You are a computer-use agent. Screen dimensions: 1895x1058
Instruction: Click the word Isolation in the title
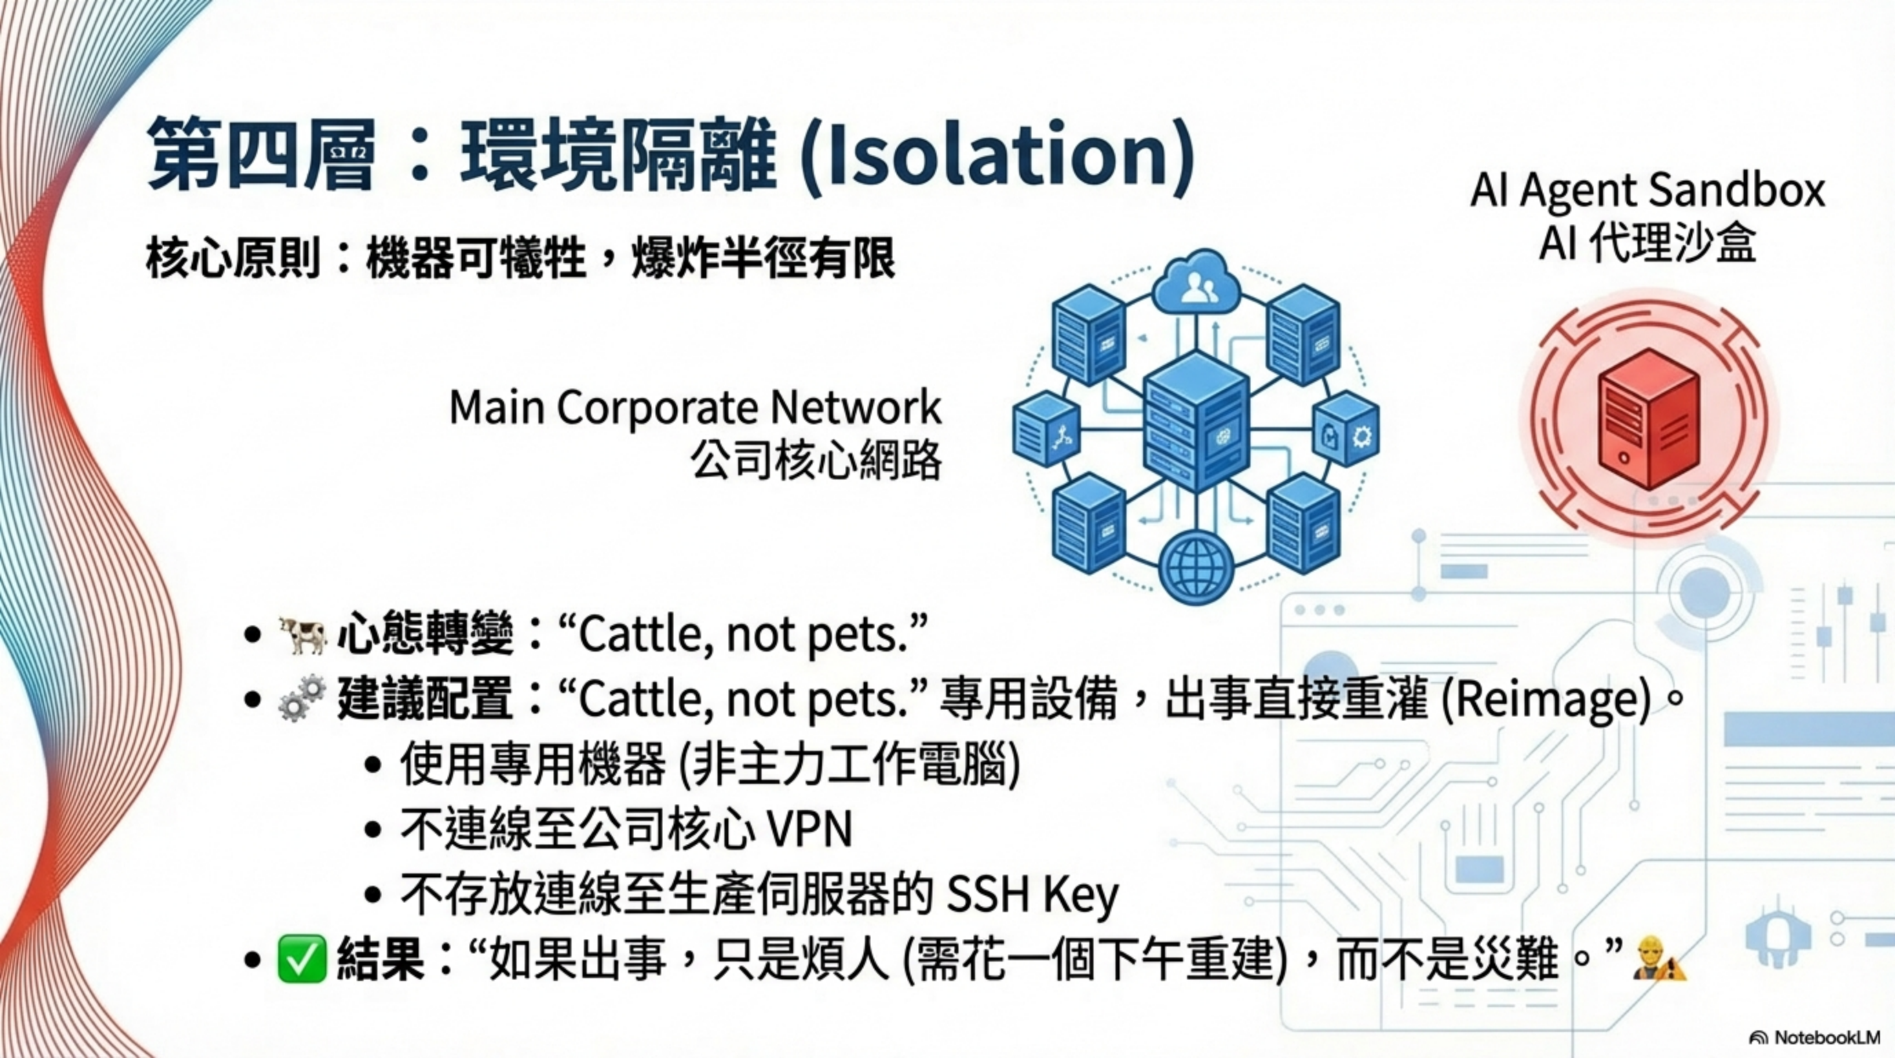pos(994,154)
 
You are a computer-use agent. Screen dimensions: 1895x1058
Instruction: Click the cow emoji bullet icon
pos(302,635)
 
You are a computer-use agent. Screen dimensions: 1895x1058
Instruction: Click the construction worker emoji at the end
pos(1658,959)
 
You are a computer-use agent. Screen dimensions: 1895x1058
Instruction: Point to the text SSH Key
pos(1032,895)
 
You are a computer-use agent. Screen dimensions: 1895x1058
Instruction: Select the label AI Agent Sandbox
pos(1647,190)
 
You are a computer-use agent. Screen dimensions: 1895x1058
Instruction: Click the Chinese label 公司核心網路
pos(817,462)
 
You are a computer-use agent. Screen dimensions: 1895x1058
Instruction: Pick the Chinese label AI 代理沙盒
pos(1647,242)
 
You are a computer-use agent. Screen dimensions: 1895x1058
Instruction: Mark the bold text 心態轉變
pos(425,635)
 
